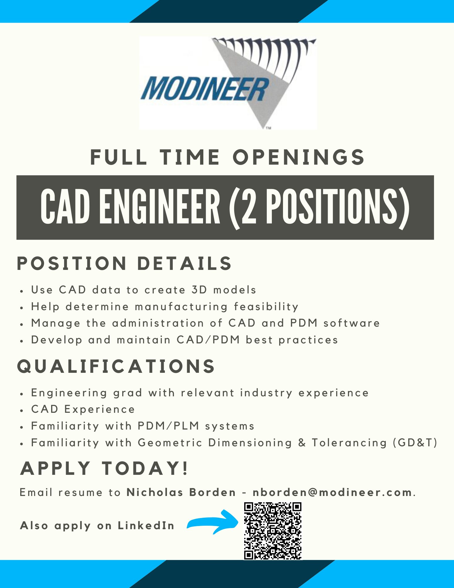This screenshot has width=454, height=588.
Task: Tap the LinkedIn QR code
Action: click(x=273, y=531)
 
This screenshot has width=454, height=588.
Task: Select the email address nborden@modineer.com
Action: click(x=332, y=492)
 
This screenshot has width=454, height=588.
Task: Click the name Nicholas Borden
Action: click(x=181, y=492)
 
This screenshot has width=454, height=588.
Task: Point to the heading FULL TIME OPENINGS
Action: click(x=227, y=157)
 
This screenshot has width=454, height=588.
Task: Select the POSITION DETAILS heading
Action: click(x=125, y=263)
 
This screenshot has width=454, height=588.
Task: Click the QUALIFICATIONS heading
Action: click(x=116, y=366)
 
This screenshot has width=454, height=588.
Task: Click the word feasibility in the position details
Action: click(x=266, y=307)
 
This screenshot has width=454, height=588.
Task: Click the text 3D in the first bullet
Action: click(x=199, y=290)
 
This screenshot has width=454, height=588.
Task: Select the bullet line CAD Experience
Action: click(x=83, y=409)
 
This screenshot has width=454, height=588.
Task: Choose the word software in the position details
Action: click(x=351, y=323)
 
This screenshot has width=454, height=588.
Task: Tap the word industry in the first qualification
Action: click(x=266, y=393)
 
